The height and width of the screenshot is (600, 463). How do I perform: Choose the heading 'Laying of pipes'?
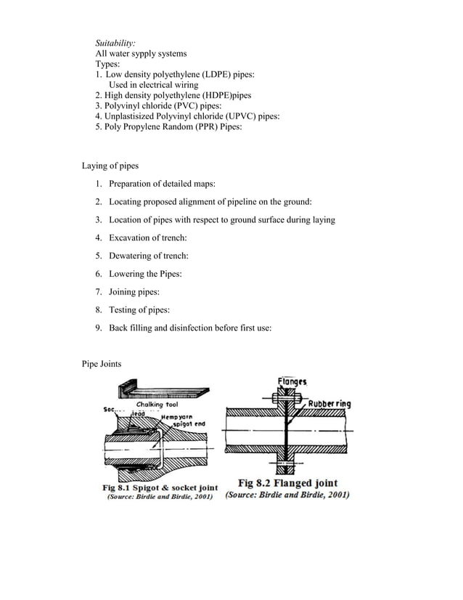click(x=110, y=166)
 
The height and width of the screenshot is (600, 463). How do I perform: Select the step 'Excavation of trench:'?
click(x=148, y=238)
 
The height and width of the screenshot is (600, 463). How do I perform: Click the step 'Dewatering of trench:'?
click(x=149, y=256)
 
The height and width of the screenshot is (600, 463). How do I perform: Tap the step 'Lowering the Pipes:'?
click(x=145, y=274)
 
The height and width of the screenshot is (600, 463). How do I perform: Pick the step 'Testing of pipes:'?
click(x=139, y=310)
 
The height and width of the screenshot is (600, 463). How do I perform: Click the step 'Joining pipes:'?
click(x=134, y=292)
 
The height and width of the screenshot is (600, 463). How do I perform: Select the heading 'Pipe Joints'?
click(x=102, y=362)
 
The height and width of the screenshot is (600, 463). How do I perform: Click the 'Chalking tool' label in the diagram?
click(x=157, y=405)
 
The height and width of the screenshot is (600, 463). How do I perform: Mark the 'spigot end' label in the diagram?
click(x=187, y=423)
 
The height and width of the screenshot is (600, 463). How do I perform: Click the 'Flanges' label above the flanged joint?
click(x=292, y=381)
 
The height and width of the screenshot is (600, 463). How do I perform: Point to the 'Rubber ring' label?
click(x=329, y=403)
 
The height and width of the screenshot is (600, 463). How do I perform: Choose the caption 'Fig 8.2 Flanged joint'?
click(x=287, y=483)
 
